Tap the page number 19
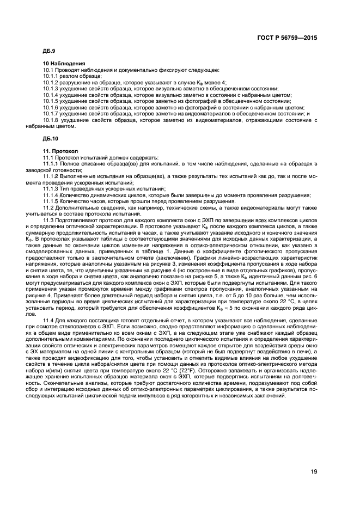tap(314, 472)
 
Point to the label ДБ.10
tap(51, 138)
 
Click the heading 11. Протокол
tap(61, 151)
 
